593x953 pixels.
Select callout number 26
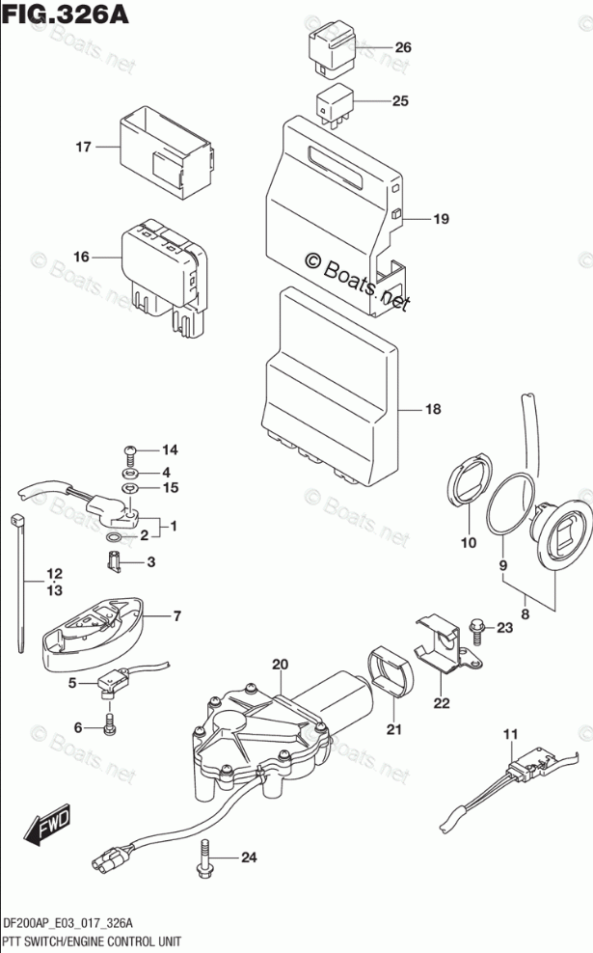[402, 47]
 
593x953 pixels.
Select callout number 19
[441, 220]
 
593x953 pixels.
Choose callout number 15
[171, 488]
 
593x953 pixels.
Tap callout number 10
[468, 543]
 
